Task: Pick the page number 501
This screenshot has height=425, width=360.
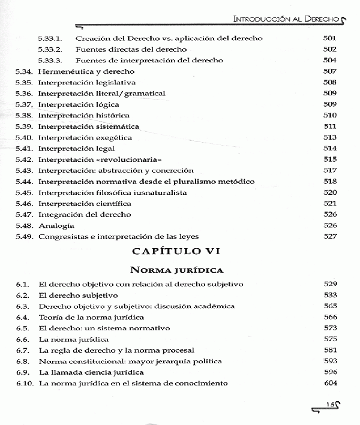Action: click(329, 38)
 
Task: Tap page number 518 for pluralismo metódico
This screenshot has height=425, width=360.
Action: click(329, 181)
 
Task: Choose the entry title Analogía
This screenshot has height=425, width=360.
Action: click(56, 225)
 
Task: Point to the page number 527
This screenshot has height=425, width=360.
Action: click(329, 236)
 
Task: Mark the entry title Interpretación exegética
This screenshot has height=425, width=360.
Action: click(85, 137)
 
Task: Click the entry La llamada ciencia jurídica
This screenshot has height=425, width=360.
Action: click(90, 372)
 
